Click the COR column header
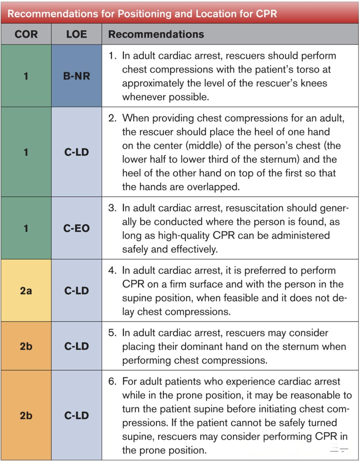26,34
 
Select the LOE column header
77,34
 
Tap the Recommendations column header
156,34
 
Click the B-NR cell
77,76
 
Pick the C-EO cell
77,228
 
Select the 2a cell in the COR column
26,291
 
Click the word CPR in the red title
266,14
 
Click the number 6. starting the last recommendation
112,381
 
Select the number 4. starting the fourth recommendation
112,270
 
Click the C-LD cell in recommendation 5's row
77,346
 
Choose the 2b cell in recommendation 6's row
26,416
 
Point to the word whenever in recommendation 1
144,97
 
